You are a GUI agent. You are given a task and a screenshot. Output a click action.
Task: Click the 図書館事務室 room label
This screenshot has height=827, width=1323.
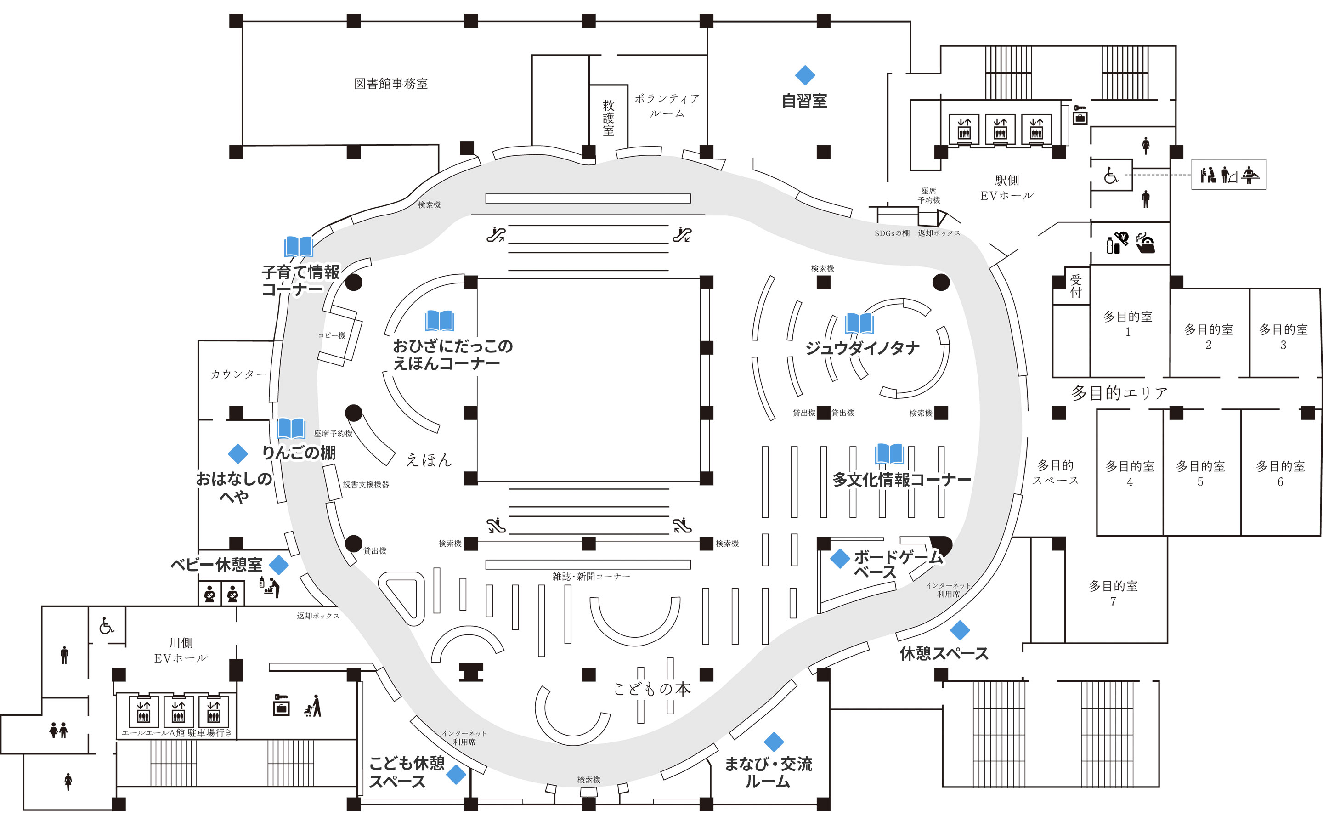391,84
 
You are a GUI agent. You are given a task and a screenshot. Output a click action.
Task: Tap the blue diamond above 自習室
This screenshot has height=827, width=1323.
805,75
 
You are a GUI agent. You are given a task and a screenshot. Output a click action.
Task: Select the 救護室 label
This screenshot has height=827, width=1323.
609,118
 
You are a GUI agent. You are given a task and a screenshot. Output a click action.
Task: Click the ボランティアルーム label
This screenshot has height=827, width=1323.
667,106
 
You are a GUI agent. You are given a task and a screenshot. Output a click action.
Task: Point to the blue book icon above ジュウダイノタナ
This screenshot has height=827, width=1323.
859,323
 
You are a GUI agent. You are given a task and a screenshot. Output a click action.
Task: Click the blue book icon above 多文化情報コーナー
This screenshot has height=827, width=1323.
889,454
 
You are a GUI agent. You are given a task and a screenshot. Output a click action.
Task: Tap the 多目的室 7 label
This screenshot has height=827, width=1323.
1113,593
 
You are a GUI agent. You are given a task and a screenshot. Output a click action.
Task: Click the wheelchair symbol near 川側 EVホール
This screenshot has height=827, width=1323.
107,626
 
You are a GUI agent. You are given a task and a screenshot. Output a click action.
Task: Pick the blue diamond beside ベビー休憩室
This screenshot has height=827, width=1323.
279,565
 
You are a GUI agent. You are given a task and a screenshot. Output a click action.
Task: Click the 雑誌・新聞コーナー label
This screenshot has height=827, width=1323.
591,577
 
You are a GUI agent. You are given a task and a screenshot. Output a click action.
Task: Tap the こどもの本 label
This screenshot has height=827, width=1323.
652,689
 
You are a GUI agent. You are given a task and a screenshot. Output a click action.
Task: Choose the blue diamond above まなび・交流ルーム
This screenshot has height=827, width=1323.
774,742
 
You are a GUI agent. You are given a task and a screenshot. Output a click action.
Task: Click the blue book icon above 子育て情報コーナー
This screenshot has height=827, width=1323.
299,247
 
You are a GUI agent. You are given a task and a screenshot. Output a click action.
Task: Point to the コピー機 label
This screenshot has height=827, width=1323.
332,335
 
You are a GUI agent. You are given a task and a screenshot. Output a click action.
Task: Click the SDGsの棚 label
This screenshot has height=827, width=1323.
892,233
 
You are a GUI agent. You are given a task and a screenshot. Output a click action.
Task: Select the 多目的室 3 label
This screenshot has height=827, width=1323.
1283,336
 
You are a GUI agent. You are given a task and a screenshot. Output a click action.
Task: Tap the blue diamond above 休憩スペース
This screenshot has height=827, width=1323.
960,630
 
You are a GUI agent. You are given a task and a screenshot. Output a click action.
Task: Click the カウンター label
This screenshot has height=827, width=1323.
239,374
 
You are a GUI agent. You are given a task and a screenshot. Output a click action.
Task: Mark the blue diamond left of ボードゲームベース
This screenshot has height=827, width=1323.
839,558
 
